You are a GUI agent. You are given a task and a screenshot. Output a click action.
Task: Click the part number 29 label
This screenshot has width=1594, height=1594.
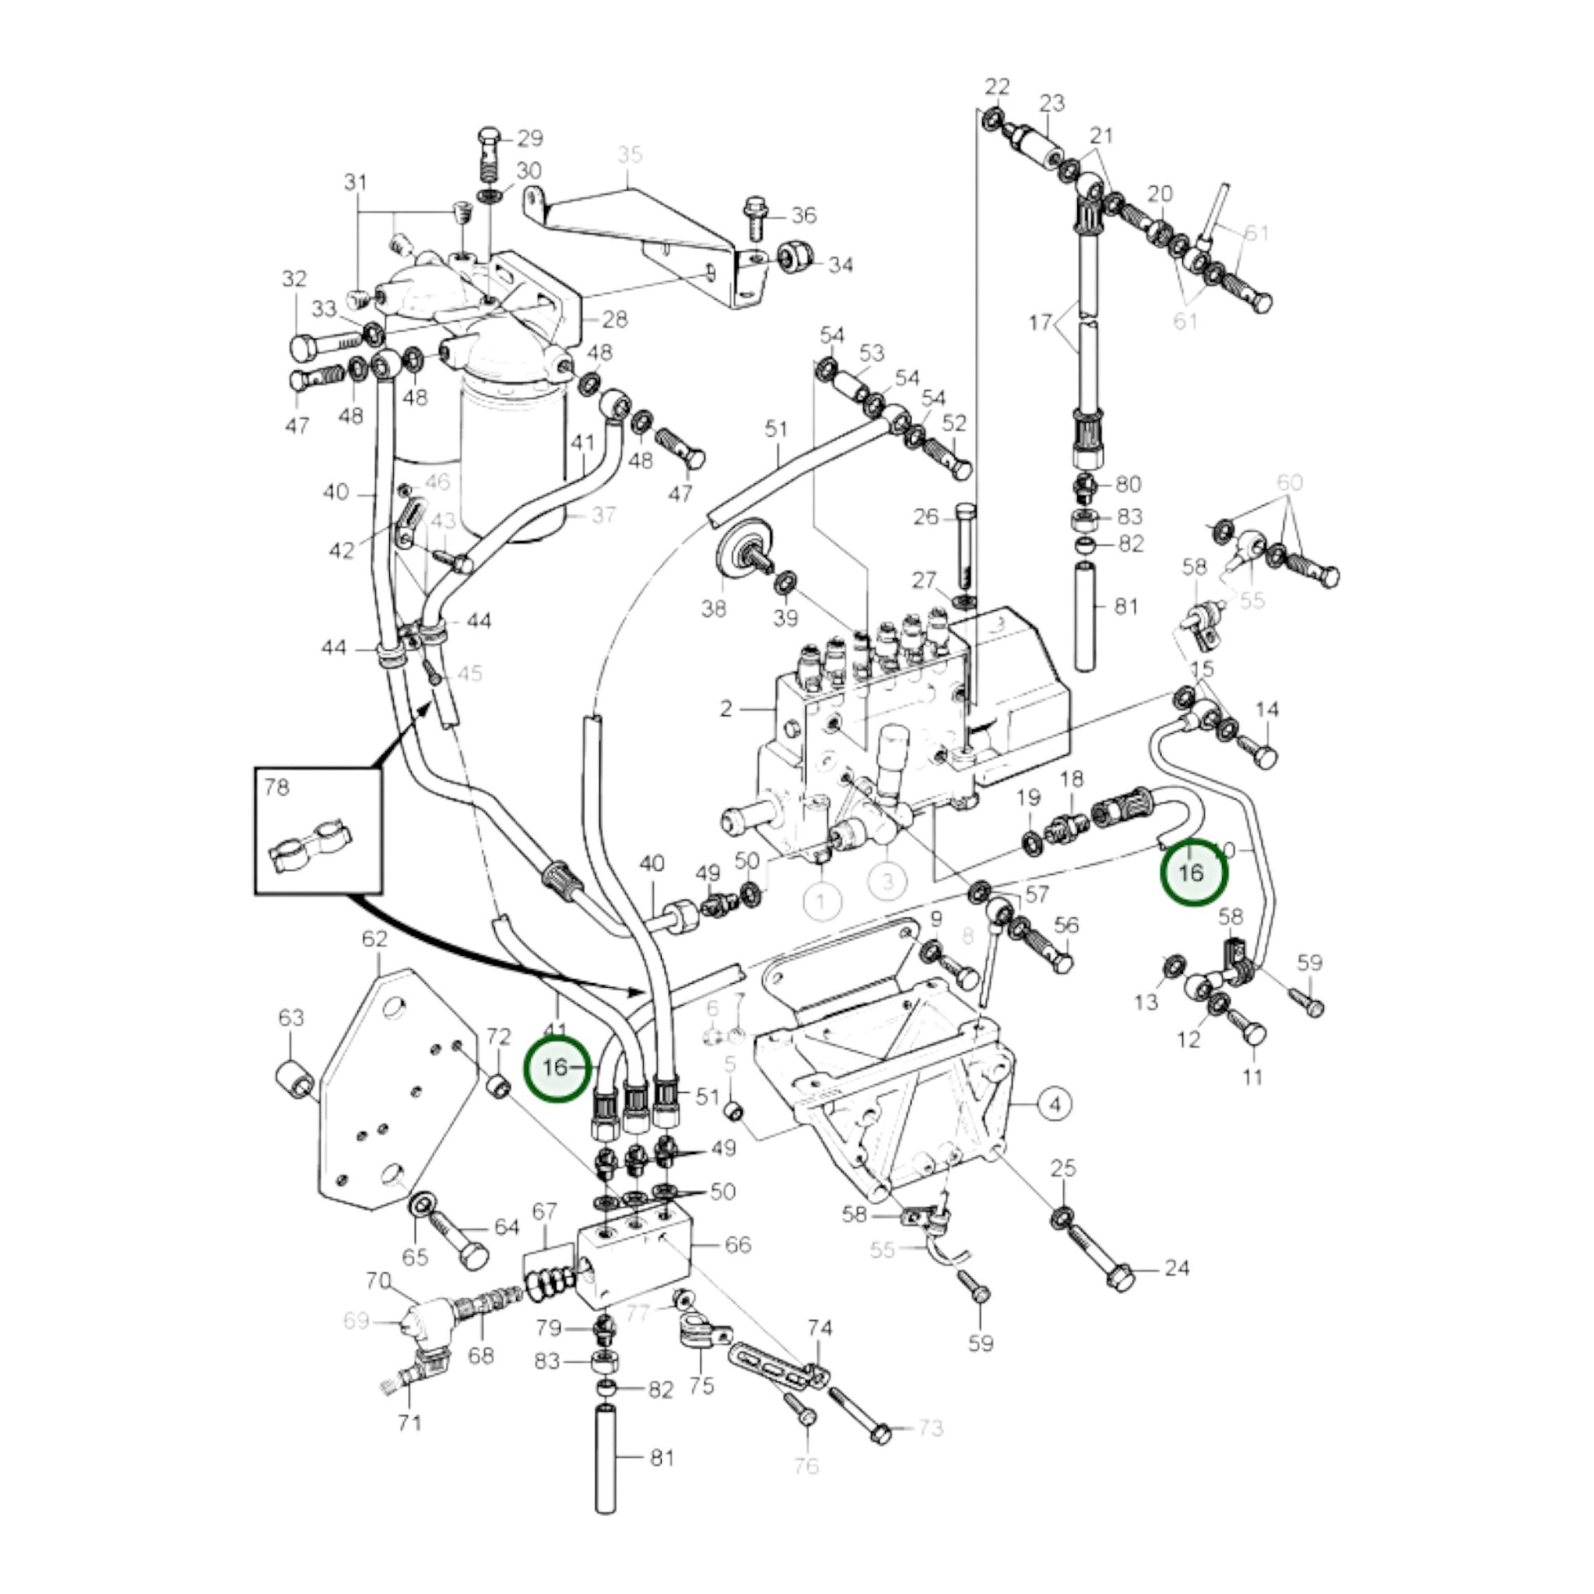[x=530, y=138]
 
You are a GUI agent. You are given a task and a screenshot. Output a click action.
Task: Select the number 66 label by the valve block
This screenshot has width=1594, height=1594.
[x=736, y=1244]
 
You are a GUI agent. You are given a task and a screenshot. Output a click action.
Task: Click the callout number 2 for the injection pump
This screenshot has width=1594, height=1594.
[x=726, y=708]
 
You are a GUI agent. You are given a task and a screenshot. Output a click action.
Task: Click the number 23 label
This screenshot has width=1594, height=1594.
[x=1052, y=103]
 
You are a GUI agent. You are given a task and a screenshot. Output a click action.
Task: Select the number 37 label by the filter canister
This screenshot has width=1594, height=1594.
[x=604, y=515]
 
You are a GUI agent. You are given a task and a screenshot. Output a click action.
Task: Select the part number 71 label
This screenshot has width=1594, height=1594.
[x=410, y=1446]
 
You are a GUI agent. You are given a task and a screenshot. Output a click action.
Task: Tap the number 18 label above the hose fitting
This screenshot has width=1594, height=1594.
[x=1071, y=778]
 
